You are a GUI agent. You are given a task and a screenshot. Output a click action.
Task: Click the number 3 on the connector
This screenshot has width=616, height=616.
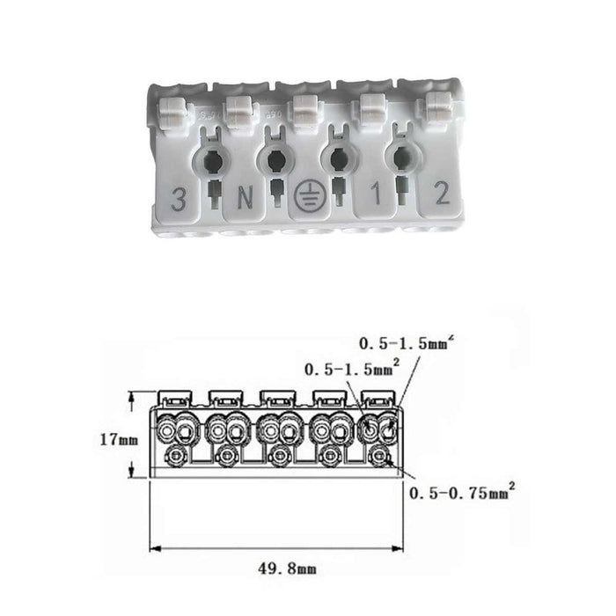[x=180, y=199]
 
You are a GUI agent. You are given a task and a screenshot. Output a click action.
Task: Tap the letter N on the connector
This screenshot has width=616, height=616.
[x=245, y=198]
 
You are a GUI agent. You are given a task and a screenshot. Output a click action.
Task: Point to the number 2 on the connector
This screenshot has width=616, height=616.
[x=443, y=193]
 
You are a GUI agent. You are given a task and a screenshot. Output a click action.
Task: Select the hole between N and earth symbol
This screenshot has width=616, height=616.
[x=275, y=160]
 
